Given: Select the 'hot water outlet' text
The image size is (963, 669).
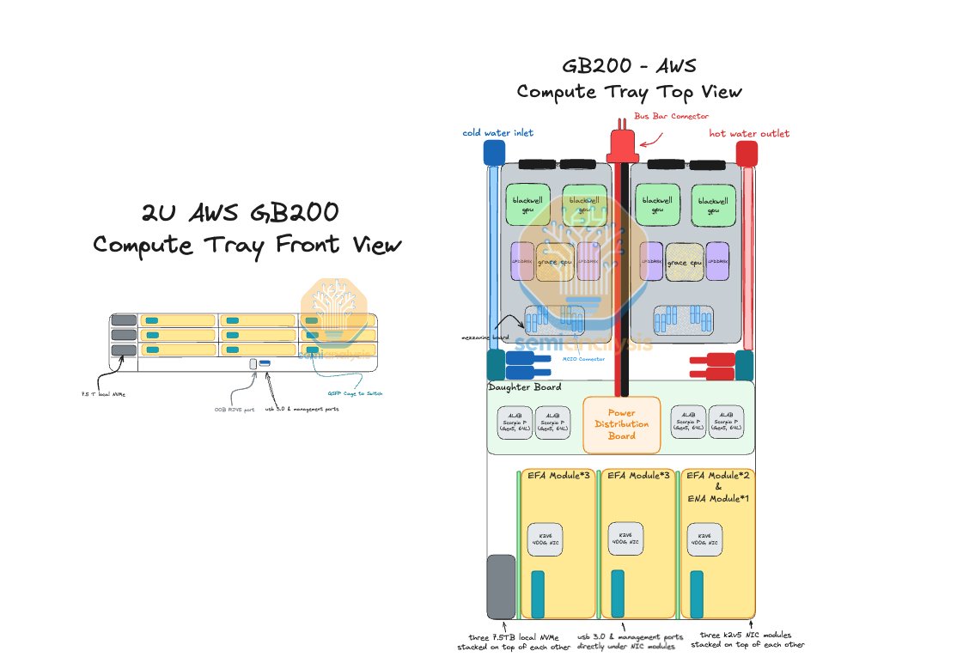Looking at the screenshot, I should click(749, 133).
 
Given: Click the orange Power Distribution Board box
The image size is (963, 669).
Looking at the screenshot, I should click(621, 424).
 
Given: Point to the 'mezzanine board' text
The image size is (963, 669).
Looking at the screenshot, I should click(485, 338).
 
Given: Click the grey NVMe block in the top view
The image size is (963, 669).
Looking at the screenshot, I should click(501, 587).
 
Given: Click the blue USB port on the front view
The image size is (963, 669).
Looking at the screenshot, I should click(265, 364).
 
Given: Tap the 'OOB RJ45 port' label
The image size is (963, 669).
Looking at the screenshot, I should click(235, 410).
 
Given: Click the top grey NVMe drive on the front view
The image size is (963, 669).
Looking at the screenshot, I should click(124, 320).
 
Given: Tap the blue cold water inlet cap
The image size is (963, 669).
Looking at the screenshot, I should click(493, 152).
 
